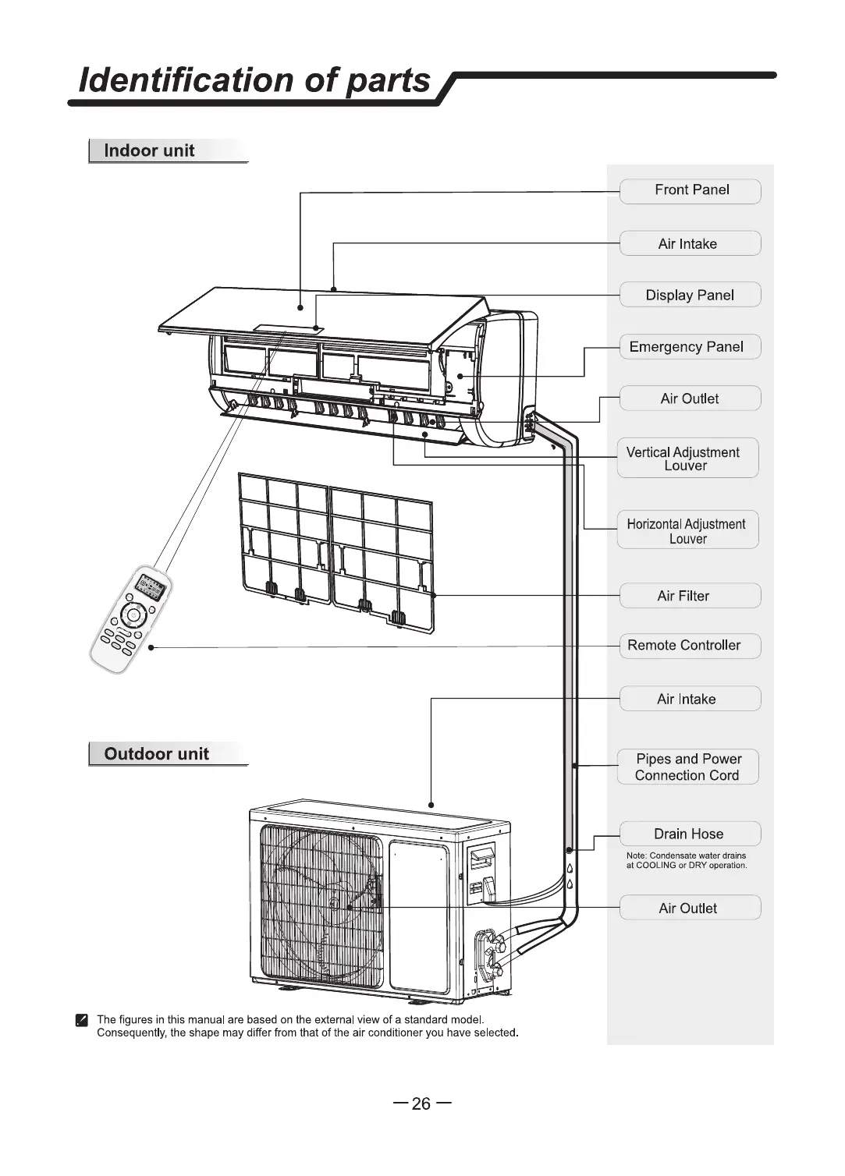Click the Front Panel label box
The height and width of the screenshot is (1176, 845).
click(690, 190)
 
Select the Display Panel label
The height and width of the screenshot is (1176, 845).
click(690, 295)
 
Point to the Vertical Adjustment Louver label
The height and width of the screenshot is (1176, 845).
click(687, 459)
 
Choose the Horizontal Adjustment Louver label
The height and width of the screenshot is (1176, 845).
click(687, 531)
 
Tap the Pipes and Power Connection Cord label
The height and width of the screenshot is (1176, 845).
click(687, 767)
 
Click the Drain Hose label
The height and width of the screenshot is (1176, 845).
click(690, 834)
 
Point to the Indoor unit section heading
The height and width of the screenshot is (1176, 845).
click(150, 151)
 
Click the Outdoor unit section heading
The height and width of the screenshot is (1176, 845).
click(157, 754)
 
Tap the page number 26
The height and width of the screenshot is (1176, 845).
click(421, 1103)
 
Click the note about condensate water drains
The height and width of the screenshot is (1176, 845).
click(687, 860)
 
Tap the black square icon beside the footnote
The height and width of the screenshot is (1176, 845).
click(81, 1020)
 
